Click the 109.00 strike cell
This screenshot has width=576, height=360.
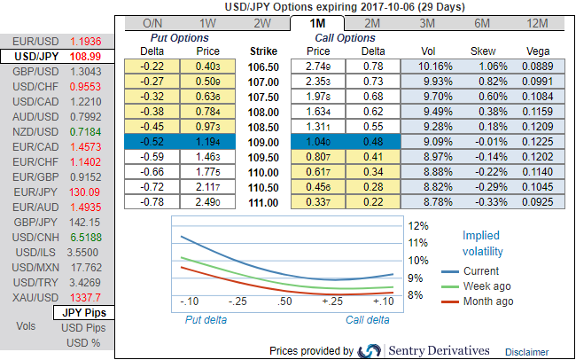(263, 141)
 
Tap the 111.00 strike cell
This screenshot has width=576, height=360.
(263, 202)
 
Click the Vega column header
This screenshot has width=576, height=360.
(537, 51)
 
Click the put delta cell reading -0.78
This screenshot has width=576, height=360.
(153, 202)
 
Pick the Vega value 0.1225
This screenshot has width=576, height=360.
(537, 141)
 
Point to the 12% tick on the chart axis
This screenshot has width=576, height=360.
(418, 225)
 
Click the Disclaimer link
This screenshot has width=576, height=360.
(528, 352)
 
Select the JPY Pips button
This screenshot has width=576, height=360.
(84, 313)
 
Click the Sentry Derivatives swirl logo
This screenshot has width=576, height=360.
(370, 351)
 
